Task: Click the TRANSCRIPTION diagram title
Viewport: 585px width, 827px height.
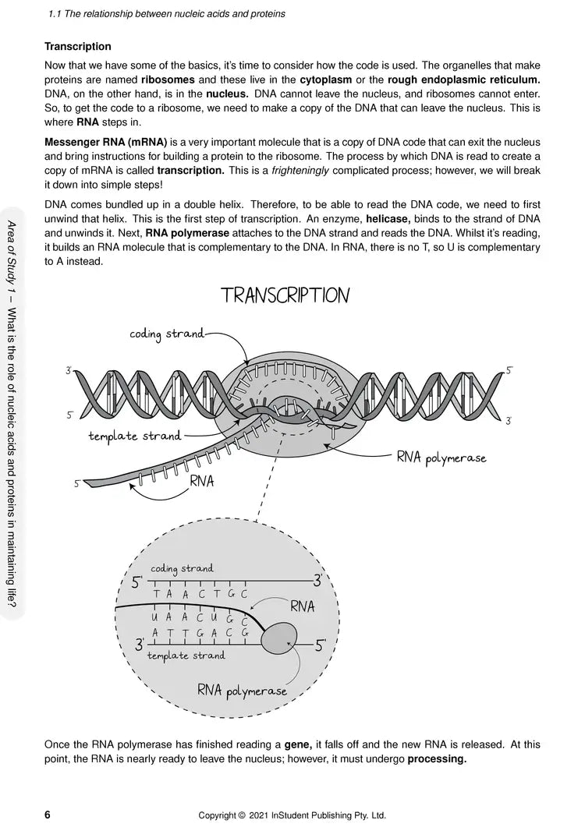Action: pos(285,296)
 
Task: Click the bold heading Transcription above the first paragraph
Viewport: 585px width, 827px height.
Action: pos(78,47)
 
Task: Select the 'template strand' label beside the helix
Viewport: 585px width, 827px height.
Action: pos(135,436)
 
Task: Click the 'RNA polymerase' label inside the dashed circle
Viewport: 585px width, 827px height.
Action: pos(242,690)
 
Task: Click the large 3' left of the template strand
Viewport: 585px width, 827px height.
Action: pos(140,645)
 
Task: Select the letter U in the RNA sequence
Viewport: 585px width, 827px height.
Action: pos(156,617)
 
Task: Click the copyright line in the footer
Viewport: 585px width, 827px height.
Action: pos(292,816)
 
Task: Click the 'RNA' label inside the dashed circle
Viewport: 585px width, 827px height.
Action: pos(302,606)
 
